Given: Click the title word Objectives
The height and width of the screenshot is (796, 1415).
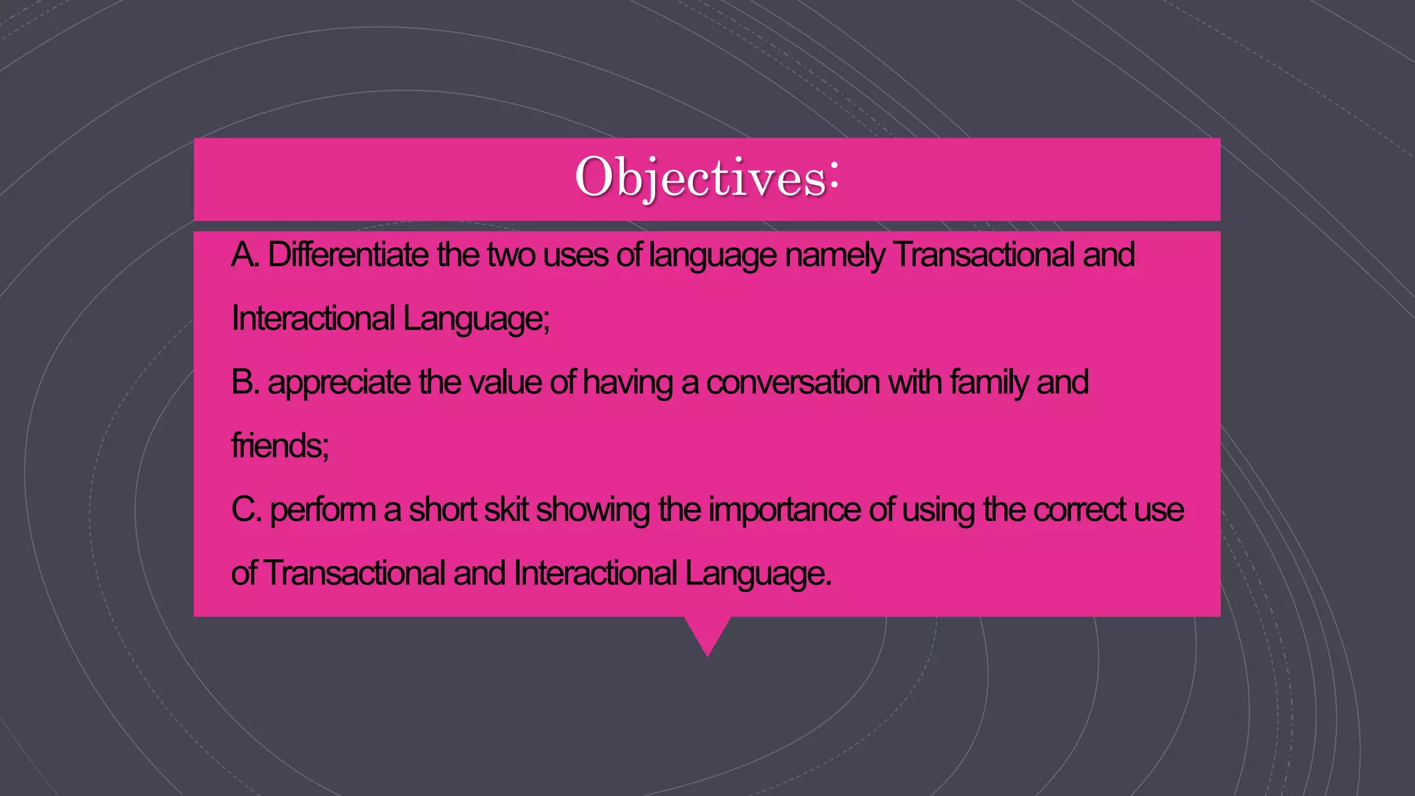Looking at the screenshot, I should [701, 178].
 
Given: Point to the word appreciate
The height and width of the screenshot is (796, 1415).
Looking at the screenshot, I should [339, 383].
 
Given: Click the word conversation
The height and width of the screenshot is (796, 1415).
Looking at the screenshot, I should [793, 383].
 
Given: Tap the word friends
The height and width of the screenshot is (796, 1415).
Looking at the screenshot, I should [278, 446].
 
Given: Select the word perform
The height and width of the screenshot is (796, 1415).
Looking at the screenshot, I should [323, 510].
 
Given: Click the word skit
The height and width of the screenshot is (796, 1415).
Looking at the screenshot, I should [506, 510].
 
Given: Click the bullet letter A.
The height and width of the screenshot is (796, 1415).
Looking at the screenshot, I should [243, 255].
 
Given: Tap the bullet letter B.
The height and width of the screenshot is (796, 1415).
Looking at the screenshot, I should [243, 383].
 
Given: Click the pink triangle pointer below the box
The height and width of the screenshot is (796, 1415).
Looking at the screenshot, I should [707, 632].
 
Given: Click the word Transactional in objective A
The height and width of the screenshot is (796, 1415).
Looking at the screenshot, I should [984, 255].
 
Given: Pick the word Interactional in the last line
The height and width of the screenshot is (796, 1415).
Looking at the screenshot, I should [596, 574].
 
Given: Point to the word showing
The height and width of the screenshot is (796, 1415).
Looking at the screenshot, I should [593, 510].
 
